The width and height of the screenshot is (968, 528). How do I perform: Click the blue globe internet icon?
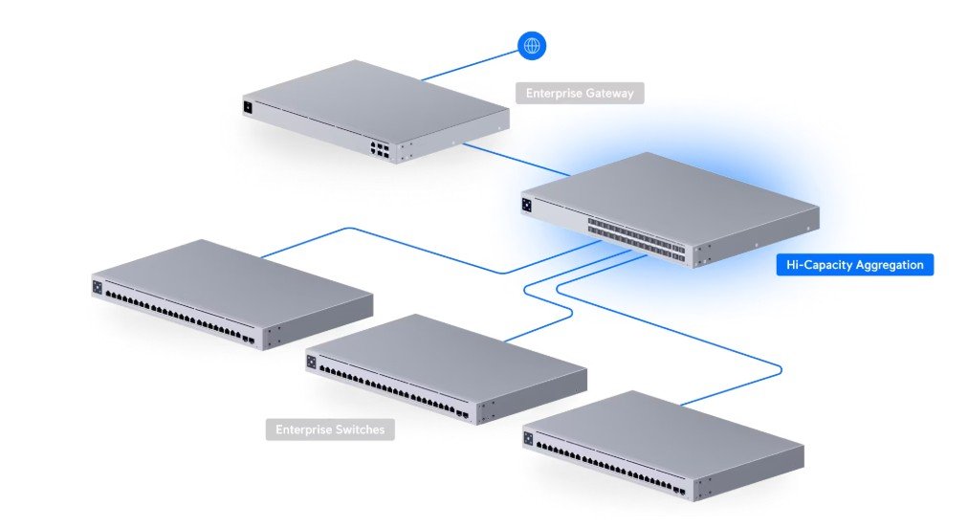click(x=531, y=44)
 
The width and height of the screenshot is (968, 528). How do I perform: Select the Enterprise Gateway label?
click(x=580, y=93)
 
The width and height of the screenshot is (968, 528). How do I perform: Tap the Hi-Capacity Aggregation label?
click(x=853, y=265)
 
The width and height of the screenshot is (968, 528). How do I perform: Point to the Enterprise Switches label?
click(x=330, y=429)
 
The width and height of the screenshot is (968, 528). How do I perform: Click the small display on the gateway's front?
click(x=249, y=107)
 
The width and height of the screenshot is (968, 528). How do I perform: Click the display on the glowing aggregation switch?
click(x=527, y=204)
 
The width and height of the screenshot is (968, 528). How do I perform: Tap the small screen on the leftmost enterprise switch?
click(x=97, y=286)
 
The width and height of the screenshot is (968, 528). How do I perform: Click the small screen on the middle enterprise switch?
click(x=311, y=362)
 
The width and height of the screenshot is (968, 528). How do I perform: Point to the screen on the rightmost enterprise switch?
click(x=528, y=438)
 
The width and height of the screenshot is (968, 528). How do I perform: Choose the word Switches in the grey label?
click(x=360, y=429)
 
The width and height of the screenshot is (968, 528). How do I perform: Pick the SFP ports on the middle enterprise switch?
click(x=463, y=415)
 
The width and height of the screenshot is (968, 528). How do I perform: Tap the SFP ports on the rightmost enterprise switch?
click(x=678, y=491)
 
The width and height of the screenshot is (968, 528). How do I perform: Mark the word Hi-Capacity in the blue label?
click(x=818, y=265)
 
